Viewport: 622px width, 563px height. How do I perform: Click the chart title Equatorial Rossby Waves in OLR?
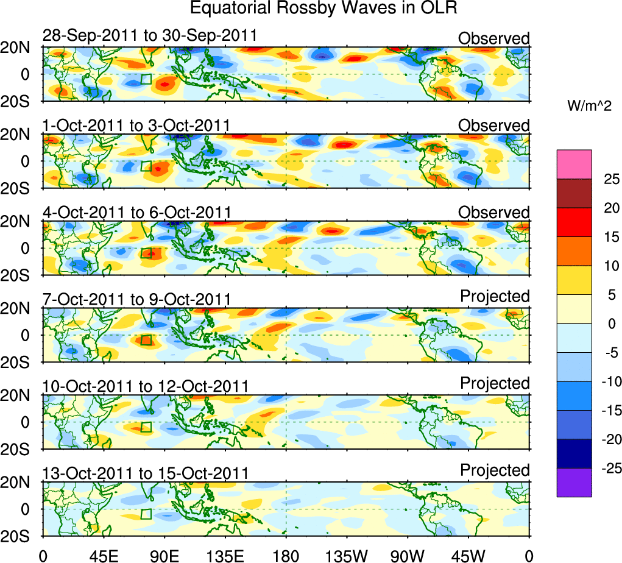click(323, 9)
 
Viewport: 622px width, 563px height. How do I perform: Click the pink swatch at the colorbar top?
click(574, 164)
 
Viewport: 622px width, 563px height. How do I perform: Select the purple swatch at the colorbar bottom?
click(574, 482)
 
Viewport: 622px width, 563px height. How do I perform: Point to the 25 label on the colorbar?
click(610, 179)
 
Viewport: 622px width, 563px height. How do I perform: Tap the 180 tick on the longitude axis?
click(286, 555)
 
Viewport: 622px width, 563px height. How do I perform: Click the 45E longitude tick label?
click(102, 555)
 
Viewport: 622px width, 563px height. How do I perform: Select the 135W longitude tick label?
click(347, 555)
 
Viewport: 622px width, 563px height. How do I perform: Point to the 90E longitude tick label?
click(163, 555)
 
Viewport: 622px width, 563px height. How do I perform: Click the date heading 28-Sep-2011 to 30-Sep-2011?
click(150, 36)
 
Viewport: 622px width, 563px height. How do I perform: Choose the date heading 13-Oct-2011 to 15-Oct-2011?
click(146, 473)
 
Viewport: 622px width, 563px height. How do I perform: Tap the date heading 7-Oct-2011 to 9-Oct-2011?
click(136, 299)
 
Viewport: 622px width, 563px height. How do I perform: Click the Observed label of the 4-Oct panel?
click(493, 213)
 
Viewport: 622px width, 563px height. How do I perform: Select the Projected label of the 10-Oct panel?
click(495, 383)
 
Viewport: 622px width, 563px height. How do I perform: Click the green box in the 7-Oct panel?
click(146, 340)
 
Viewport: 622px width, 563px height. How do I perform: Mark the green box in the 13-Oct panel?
click(146, 514)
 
